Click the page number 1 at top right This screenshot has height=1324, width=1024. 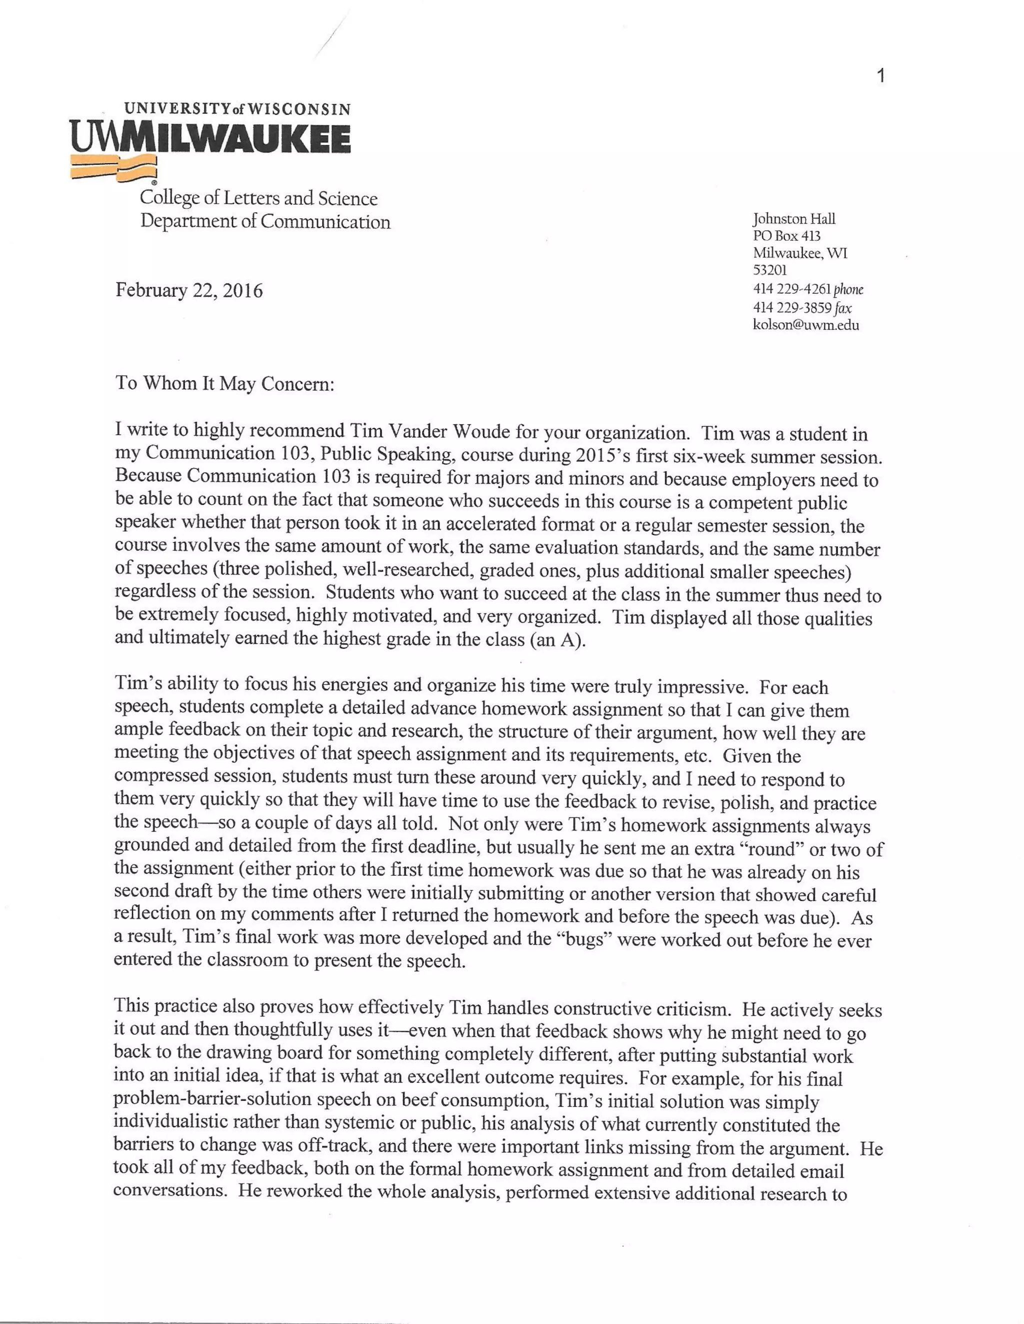pos(881,76)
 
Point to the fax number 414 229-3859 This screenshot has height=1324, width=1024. pos(791,307)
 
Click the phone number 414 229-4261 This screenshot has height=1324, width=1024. pos(791,289)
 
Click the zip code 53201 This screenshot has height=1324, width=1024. pos(769,270)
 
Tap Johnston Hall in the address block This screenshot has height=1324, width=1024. pos(793,219)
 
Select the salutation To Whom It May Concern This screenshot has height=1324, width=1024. pos(225,384)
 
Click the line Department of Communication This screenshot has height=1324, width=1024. pos(265,221)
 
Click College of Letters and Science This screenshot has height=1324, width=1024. pos(258,198)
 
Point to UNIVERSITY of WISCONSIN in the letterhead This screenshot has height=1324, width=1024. pos(237,109)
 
